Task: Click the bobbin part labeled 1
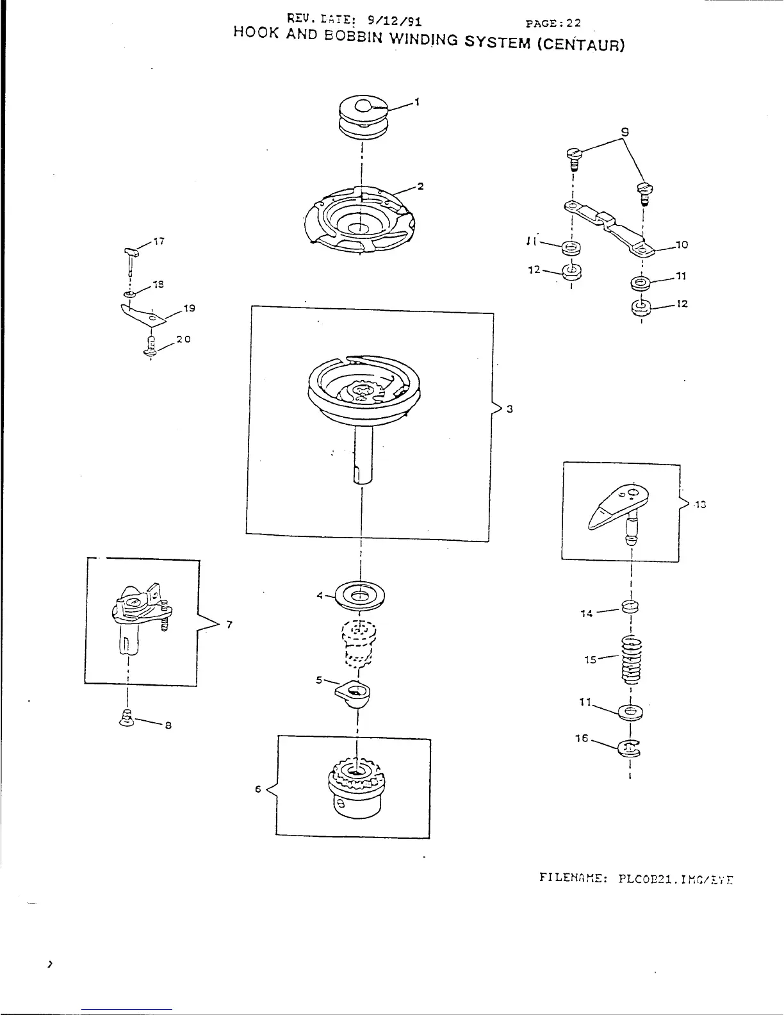pos(362,117)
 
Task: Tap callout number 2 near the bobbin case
pos(421,186)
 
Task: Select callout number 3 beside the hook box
pos(510,409)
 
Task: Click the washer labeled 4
pos(361,595)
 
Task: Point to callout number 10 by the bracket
pos(682,244)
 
